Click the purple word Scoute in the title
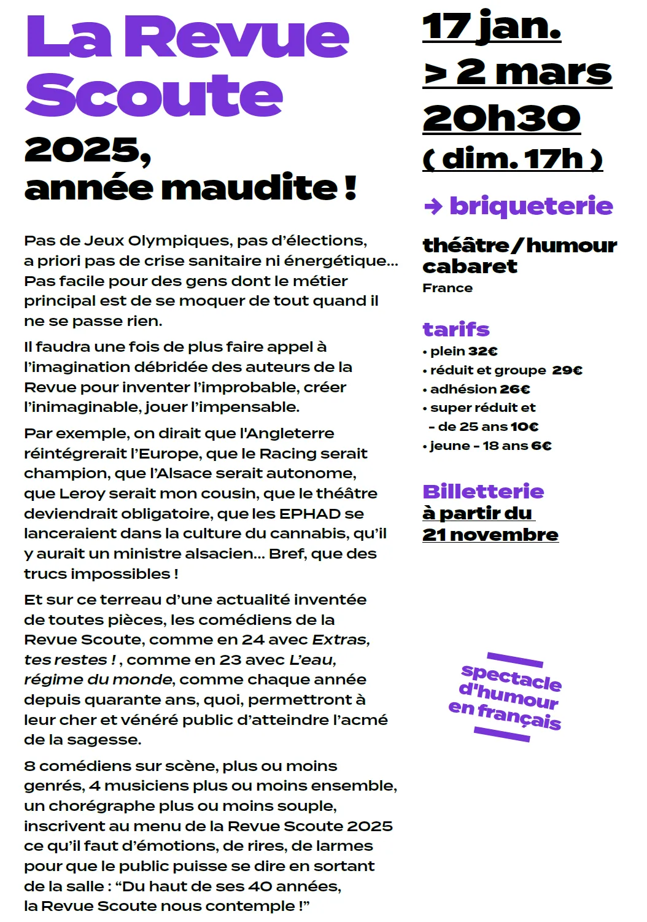(153, 95)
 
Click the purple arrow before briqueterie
(433, 207)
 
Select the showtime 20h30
(502, 118)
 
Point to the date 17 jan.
(492, 28)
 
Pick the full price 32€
(482, 352)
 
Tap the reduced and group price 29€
(567, 370)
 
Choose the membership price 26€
(514, 389)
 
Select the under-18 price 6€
(541, 446)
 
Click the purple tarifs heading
(456, 330)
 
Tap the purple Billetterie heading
(483, 492)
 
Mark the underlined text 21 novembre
(490, 535)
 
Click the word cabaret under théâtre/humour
(470, 266)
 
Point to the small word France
(447, 288)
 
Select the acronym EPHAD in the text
(309, 514)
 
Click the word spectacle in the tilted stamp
(511, 678)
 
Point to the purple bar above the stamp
(514, 659)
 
